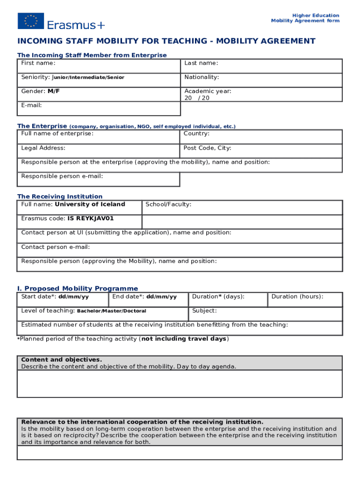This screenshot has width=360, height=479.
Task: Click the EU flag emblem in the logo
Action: click(x=31, y=21)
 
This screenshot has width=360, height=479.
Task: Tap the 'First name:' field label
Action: click(x=38, y=63)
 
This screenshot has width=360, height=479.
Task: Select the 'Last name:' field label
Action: click(x=201, y=63)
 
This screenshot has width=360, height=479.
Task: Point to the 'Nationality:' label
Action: click(x=202, y=77)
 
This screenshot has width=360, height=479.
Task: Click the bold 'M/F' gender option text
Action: click(x=54, y=91)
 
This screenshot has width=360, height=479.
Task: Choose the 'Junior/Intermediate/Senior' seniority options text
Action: click(x=88, y=78)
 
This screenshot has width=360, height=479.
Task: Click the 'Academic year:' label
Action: click(x=208, y=91)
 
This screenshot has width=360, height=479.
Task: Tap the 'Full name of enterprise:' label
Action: click(x=57, y=134)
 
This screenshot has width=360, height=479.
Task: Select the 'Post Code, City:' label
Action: click(x=207, y=148)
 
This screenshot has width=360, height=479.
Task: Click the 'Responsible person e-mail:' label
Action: click(x=62, y=176)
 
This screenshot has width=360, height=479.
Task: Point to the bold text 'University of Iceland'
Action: click(x=90, y=204)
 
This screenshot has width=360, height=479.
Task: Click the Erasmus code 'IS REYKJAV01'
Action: click(x=90, y=218)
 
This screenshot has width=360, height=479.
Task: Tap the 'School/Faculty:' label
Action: click(x=168, y=204)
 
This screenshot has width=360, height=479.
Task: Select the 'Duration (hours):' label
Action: click(x=297, y=297)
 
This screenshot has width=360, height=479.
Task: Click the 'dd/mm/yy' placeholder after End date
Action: click(x=161, y=297)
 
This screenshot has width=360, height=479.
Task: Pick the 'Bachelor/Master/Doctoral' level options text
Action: click(x=111, y=311)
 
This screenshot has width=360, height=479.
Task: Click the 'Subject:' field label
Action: click(x=204, y=311)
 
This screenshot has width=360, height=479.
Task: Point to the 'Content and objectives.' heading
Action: click(x=61, y=360)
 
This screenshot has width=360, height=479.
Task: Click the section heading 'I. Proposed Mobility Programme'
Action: click(x=78, y=289)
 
